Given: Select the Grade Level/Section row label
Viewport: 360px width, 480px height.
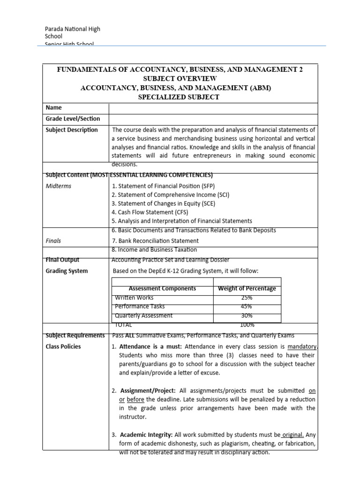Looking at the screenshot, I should (73, 119).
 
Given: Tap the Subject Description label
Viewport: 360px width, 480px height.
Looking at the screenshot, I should (72, 130).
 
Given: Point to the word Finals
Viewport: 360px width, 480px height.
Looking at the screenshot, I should (53, 241).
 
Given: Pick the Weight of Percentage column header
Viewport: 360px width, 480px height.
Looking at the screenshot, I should (247, 289).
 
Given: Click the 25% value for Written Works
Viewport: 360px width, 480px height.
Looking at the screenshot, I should (247, 298).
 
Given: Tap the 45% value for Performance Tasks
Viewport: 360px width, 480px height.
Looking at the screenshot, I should (247, 307).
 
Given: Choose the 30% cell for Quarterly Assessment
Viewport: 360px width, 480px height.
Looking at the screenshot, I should (247, 315).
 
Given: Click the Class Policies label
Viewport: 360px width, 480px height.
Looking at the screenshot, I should (63, 346).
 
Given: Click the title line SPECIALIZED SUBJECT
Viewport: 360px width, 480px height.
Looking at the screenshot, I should (180, 97).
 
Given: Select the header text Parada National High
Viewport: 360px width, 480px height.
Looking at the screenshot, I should (72, 29).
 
